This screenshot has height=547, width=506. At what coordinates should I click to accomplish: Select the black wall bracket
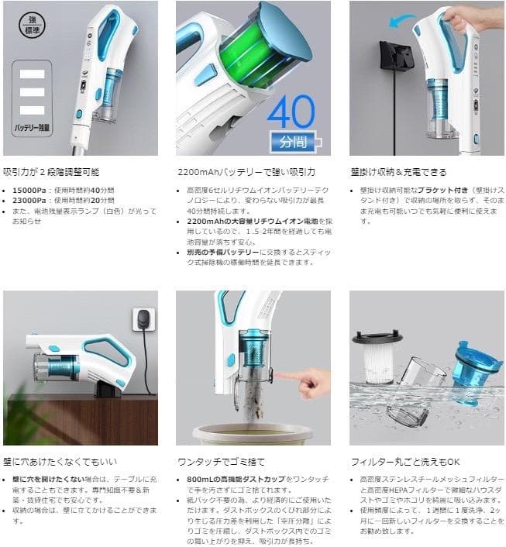click(395, 55)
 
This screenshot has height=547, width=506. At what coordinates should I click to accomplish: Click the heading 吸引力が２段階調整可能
click(51, 172)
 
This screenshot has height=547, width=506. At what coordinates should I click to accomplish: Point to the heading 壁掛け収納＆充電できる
click(398, 172)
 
